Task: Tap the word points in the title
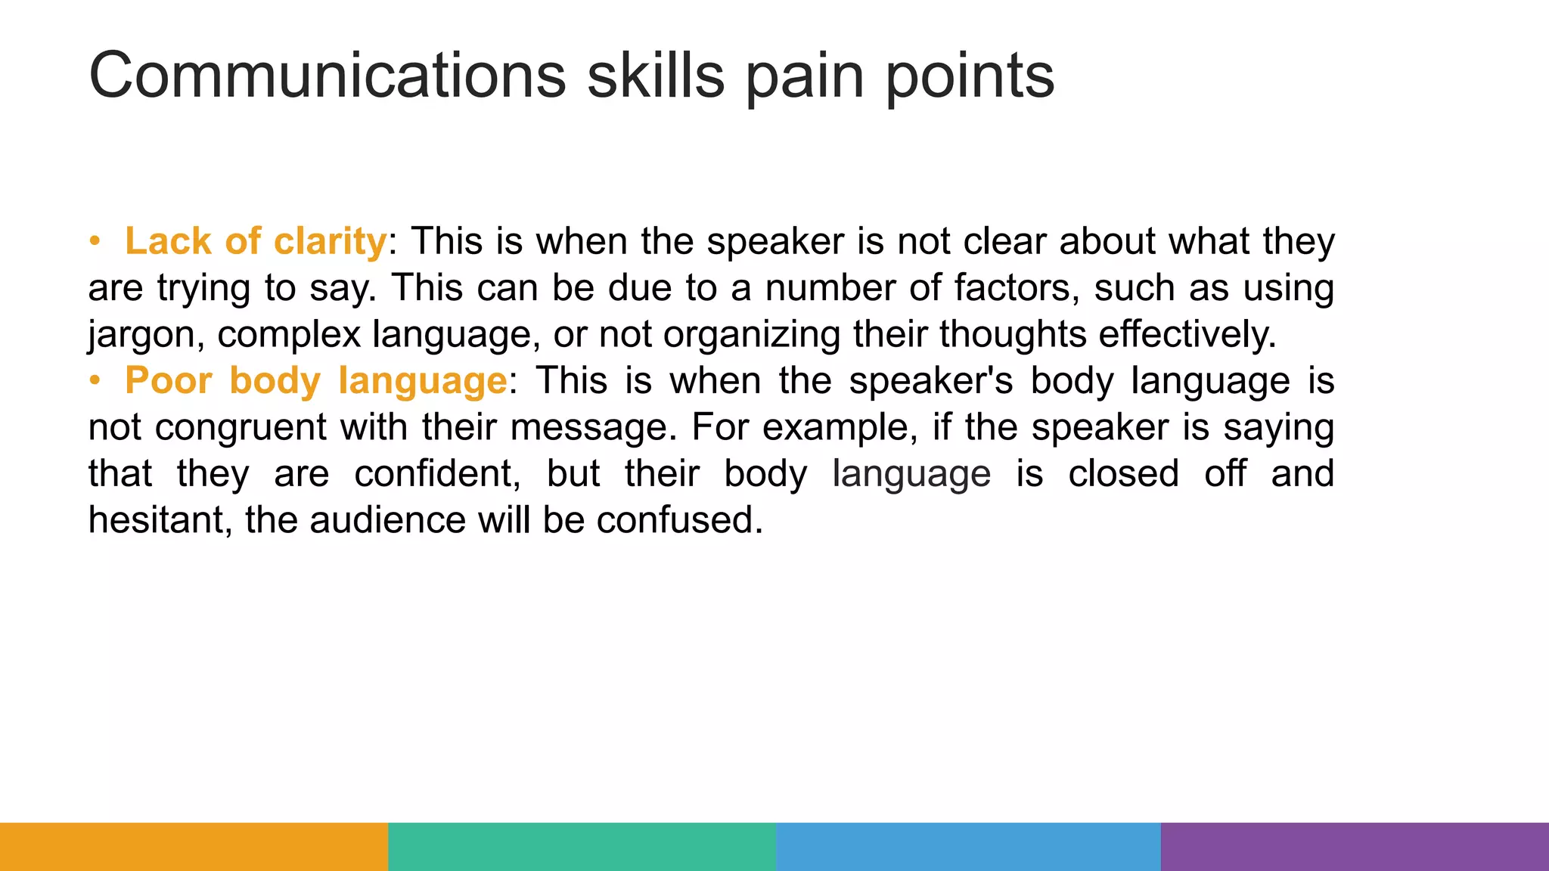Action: click(x=970, y=76)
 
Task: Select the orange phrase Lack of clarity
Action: click(x=256, y=242)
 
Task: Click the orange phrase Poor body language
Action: click(x=315, y=380)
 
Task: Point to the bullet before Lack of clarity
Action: click(x=95, y=242)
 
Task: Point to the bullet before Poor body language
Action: click(x=95, y=380)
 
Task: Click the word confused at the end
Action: click(x=679, y=520)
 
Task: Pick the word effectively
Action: click(x=1187, y=334)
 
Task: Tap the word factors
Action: click(x=1017, y=288)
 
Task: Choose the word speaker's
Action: click(x=930, y=381)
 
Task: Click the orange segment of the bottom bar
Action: click(x=194, y=847)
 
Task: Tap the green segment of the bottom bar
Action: click(x=582, y=847)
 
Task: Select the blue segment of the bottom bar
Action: click(x=968, y=847)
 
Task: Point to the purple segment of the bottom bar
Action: click(x=1355, y=847)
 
